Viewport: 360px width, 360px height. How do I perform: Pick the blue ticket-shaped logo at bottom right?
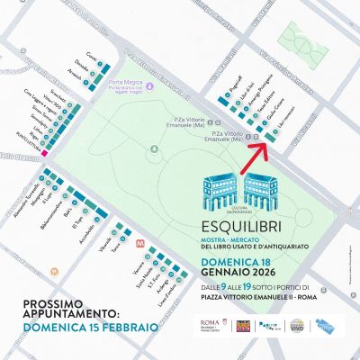(330, 326)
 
